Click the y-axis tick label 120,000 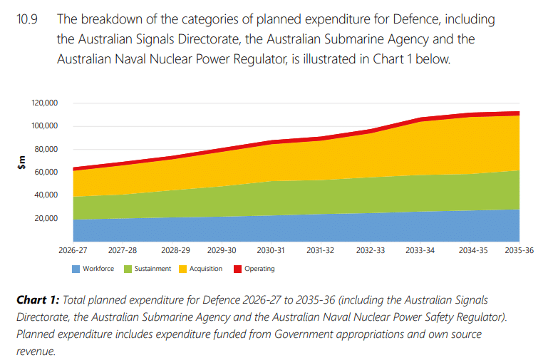44,103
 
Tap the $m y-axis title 21,163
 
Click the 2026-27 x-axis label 73,251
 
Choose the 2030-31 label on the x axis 272,251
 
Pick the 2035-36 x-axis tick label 519,251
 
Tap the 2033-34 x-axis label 420,251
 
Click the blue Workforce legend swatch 75,269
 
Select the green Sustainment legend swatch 128,269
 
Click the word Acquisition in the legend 207,269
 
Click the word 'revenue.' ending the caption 36,351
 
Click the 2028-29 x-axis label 172,251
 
